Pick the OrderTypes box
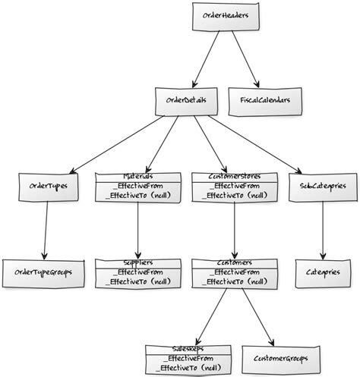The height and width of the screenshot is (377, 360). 48,187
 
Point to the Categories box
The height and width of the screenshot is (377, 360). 324,272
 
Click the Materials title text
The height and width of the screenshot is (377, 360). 137,176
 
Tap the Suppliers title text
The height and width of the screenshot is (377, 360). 137,262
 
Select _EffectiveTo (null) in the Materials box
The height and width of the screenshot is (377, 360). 137,195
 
